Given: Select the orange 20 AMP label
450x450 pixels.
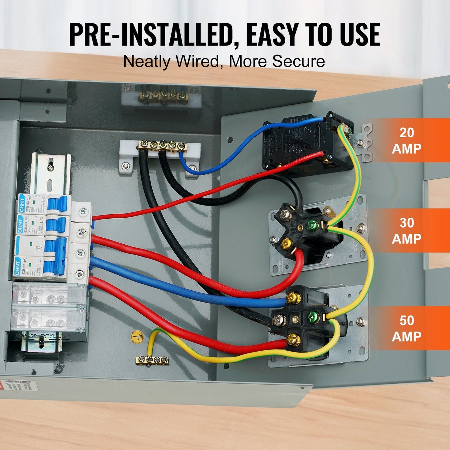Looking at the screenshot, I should tap(406, 141).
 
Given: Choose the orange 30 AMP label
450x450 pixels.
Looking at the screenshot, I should tap(406, 231).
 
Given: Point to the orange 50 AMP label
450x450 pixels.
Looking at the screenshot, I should tap(406, 328).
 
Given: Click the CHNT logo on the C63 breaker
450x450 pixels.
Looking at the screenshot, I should tap(18, 267).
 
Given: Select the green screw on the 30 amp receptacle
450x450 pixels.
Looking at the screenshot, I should tap(312, 225).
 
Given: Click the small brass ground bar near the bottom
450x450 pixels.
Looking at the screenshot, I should tap(152, 360).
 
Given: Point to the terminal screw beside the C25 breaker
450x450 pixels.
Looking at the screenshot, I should tap(83, 212).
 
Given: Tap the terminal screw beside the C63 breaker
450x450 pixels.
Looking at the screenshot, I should tap(80, 274).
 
